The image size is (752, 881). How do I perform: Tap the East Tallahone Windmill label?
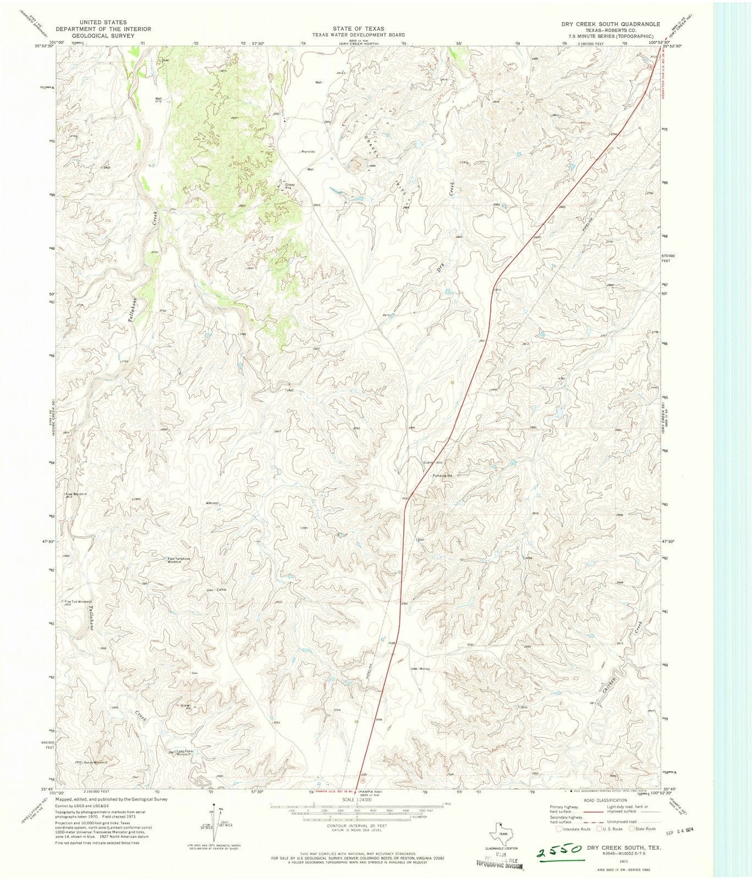click(179, 560)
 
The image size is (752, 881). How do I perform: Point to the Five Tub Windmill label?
click(78, 602)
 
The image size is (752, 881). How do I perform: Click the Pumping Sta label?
click(442, 475)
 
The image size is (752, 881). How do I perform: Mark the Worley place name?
click(424, 669)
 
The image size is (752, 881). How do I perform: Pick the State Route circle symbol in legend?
click(633, 829)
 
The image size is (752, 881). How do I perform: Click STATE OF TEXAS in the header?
click(358, 28)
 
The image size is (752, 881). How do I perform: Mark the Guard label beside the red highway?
click(427, 463)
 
